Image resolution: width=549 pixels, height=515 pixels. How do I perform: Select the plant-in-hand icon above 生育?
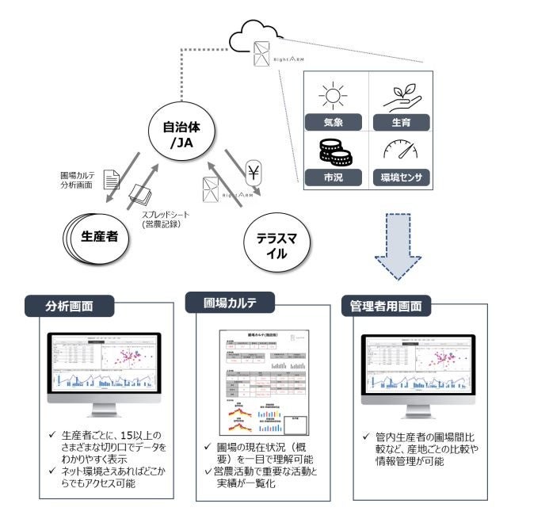coord(400,95)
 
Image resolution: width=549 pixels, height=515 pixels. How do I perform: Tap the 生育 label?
coord(400,122)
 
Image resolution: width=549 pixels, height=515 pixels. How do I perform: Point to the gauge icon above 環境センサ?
coord(400,150)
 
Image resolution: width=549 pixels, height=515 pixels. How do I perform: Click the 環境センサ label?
coord(400,177)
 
